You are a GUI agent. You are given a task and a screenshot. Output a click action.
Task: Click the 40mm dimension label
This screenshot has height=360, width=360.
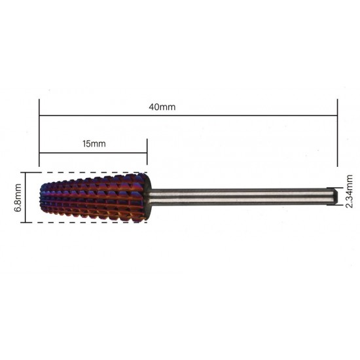tap(162, 107)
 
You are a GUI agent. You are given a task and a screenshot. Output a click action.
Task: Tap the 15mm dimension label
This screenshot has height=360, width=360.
tap(94, 144)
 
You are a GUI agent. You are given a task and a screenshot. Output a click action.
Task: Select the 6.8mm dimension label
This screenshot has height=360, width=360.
tap(18, 198)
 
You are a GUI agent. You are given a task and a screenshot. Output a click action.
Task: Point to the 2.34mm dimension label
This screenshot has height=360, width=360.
tap(349, 191)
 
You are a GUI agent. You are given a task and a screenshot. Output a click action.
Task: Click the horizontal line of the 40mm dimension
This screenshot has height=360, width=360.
tap(189, 115)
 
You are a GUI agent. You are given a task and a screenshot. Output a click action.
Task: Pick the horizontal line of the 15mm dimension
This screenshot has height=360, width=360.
tap(93, 153)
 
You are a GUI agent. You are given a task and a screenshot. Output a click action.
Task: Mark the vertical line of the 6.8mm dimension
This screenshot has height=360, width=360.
tap(26, 198)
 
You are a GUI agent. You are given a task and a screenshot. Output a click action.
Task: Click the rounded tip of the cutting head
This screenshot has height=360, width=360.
tap(42, 197)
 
